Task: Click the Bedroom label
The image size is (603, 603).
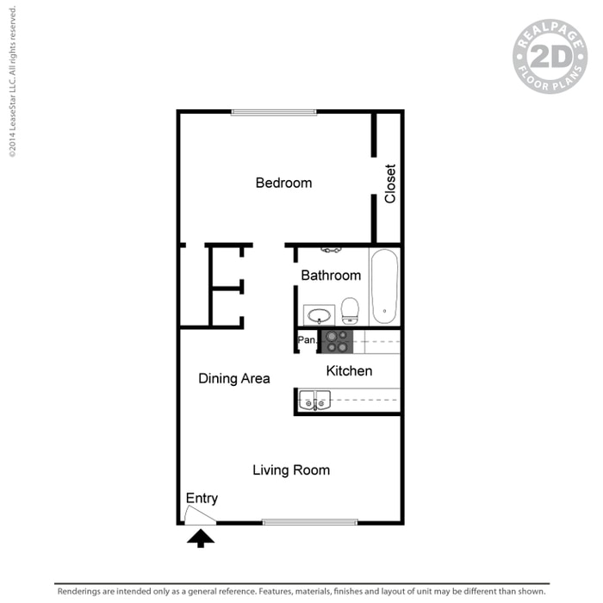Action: click(283, 183)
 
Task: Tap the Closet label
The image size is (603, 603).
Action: click(390, 183)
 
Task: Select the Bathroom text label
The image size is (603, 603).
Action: click(331, 276)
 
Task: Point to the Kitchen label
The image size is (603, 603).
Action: click(349, 370)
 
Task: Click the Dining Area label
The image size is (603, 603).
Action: click(234, 378)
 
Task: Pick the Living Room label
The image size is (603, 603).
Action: click(291, 470)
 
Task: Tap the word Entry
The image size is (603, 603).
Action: click(202, 499)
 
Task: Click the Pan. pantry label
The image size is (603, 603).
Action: click(308, 340)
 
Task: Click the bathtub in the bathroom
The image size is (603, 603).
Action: click(384, 287)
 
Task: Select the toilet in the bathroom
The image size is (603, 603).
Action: click(350, 311)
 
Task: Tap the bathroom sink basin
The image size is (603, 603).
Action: click(319, 315)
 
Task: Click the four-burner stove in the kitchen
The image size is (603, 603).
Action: click(338, 341)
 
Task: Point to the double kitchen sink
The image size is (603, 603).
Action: click(314, 401)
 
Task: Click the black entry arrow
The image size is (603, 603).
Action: click(201, 538)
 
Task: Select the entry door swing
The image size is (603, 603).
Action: click(200, 516)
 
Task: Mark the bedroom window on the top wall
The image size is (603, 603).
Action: click(274, 112)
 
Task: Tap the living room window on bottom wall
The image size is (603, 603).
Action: click(310, 522)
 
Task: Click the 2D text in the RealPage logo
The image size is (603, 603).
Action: click(550, 57)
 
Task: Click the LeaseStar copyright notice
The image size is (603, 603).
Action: click(12, 82)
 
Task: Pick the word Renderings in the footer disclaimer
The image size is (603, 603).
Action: click(79, 592)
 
